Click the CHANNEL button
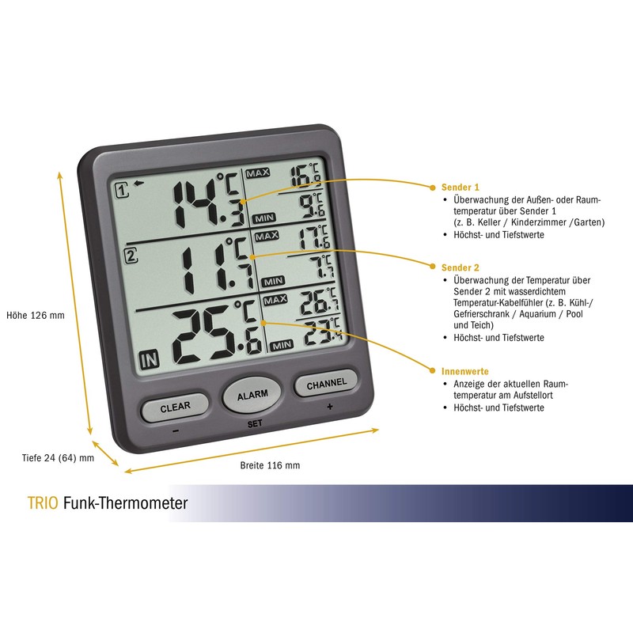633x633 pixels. coord(325,384)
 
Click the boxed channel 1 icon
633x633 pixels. coord(122,190)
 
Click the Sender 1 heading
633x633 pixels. coord(459,188)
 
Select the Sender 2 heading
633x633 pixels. coord(459,268)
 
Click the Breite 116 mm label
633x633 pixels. coord(270,465)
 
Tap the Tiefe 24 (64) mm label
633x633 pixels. coord(57,457)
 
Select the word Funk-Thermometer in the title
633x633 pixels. coord(125,503)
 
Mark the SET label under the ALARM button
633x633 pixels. coord(255,423)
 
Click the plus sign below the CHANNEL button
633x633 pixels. coord(328,406)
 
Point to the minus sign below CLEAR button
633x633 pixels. coord(175,430)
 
